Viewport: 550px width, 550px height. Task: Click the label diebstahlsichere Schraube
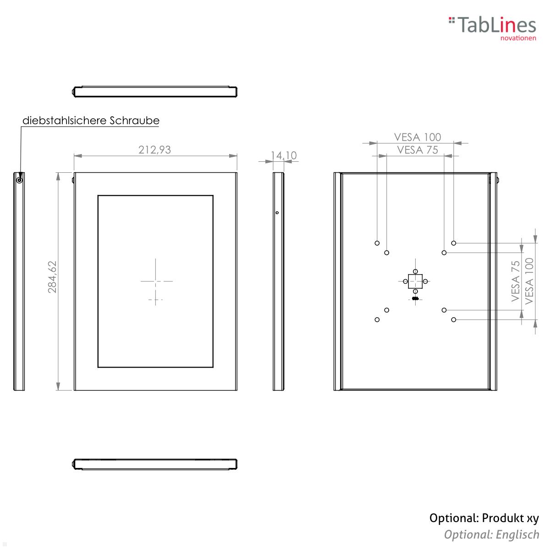(91, 121)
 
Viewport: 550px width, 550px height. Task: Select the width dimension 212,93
(154, 149)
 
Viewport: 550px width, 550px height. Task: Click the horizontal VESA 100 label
(417, 137)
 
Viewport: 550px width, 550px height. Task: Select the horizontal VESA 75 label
(417, 149)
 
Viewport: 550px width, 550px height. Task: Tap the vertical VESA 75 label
(516, 281)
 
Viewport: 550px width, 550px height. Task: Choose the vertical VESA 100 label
(529, 281)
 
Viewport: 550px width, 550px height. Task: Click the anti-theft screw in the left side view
(19, 180)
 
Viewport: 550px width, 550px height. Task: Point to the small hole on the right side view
(277, 213)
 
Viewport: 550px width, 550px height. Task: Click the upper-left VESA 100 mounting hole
(377, 243)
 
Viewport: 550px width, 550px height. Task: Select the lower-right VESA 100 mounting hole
(453, 319)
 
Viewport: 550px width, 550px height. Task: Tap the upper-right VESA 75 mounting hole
(444, 253)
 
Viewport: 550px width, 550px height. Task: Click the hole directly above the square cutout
(415, 271)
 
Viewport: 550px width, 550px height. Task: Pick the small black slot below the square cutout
(415, 298)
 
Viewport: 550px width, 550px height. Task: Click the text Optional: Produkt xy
(484, 518)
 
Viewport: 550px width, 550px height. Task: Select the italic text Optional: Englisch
(491, 534)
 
